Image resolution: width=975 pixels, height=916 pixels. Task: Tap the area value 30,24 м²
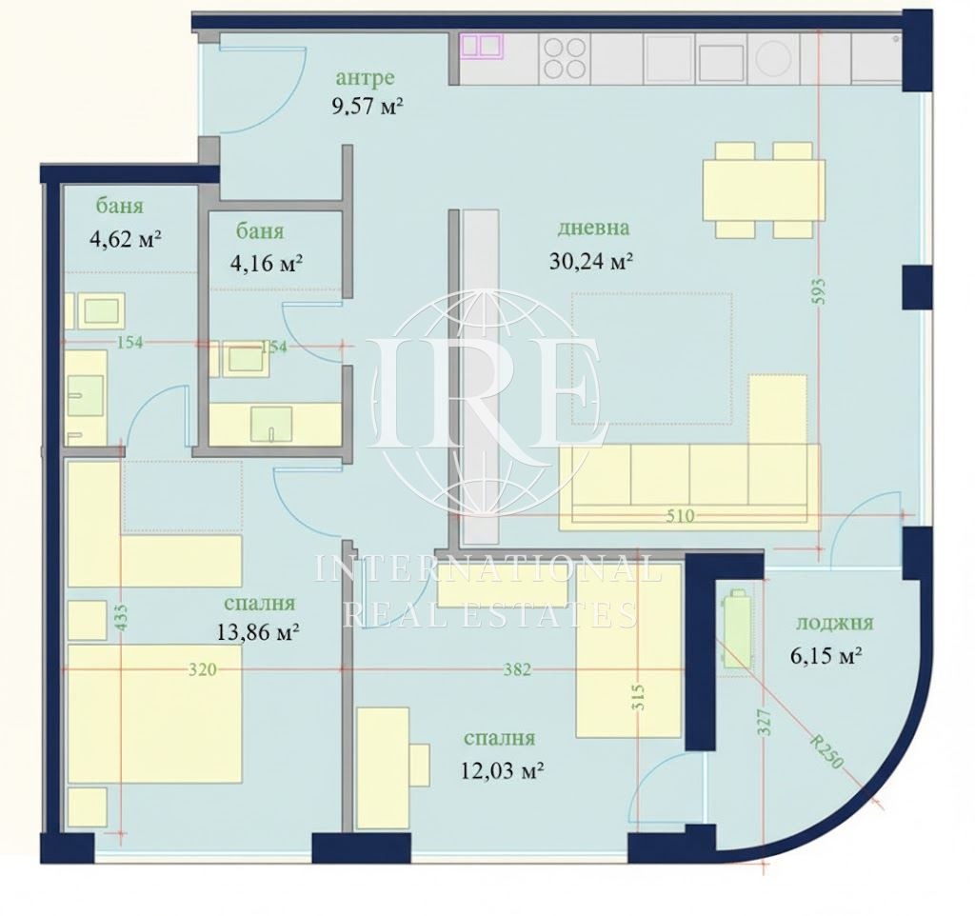tap(591, 260)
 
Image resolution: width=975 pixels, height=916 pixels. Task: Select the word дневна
tap(593, 229)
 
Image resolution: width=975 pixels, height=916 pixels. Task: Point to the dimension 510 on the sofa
tap(683, 516)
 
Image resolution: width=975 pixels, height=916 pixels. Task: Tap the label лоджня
tap(834, 624)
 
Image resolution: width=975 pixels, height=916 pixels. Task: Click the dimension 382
tap(516, 669)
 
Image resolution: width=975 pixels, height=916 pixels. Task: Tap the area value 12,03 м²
tap(499, 770)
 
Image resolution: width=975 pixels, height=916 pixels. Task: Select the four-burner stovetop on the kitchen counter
tap(564, 56)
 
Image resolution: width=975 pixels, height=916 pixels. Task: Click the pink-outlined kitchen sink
tap(481, 46)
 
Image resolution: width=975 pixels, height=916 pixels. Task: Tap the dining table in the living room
tap(763, 189)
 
